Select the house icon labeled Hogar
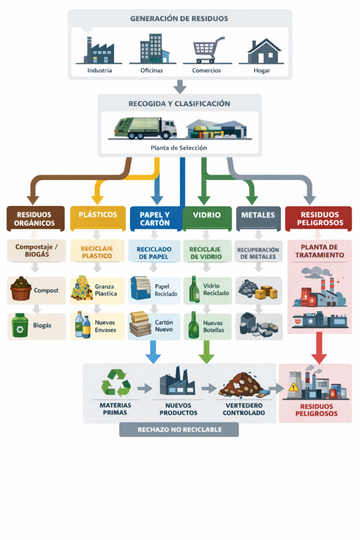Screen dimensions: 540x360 [263, 51]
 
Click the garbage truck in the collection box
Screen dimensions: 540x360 [145, 128]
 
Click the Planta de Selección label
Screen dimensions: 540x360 [179, 148]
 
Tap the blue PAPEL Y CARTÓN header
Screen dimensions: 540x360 [155, 218]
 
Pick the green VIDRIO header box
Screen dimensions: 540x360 [207, 215]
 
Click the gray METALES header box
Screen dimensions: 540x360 [258, 215]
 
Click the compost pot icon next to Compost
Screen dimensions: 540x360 [21, 290]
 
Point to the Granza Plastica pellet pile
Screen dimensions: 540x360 [81, 288]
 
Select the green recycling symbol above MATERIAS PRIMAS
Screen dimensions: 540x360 [116, 383]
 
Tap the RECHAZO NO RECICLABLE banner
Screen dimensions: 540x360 [179, 429]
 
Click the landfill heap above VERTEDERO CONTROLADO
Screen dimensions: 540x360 [241, 385]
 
